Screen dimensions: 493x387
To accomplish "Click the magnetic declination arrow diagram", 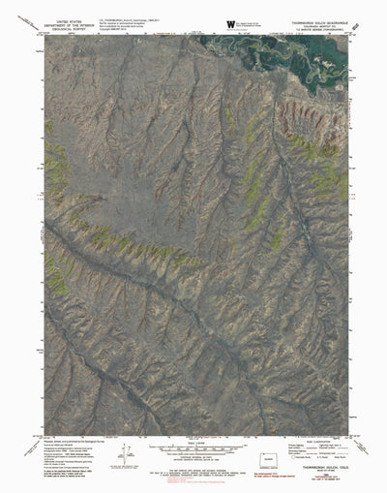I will (x=126, y=451).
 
